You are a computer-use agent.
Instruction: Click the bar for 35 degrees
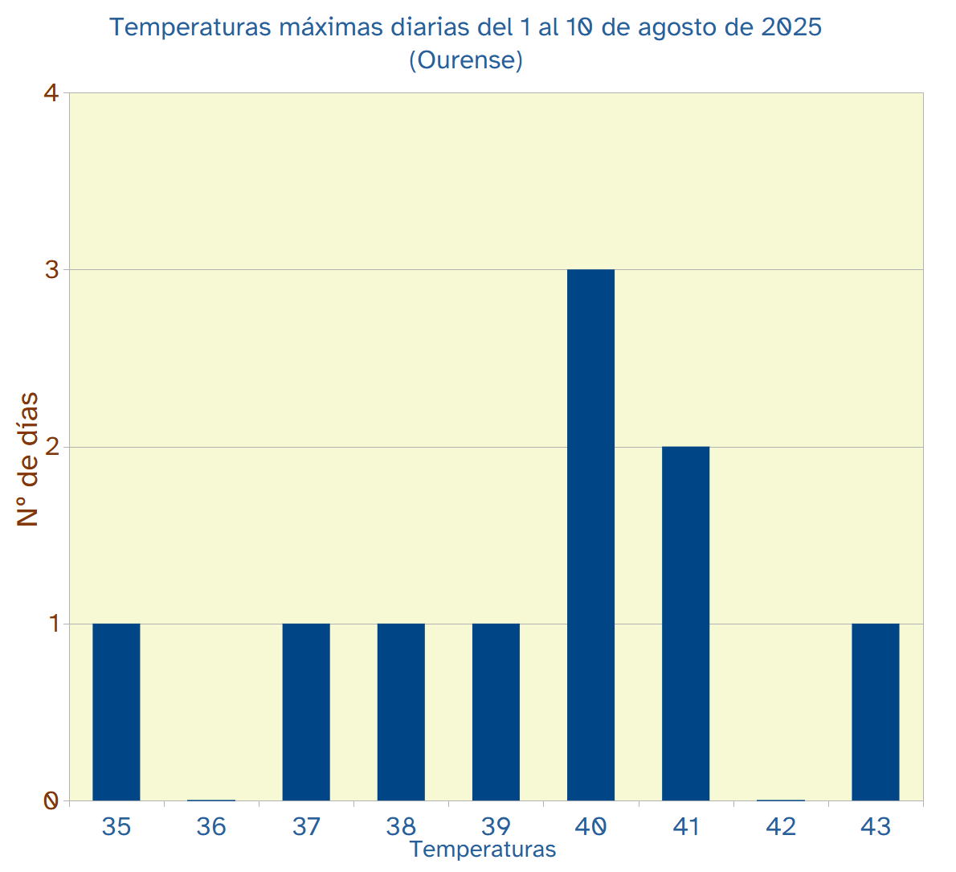[116, 712]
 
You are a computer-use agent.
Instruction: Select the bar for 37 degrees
[306, 712]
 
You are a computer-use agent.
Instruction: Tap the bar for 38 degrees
[401, 712]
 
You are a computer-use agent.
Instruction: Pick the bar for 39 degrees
[496, 712]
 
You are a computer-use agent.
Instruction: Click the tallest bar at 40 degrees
[590, 535]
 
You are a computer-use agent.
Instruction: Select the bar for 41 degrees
[685, 624]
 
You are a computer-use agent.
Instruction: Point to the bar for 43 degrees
[876, 712]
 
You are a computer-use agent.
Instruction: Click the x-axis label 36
[211, 826]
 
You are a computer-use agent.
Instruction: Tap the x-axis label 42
[781, 826]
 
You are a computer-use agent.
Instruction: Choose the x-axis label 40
[590, 826]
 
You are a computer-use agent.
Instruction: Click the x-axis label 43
[876, 826]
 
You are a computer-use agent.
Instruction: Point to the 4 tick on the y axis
[51, 93]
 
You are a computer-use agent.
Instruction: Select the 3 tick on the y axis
[51, 270]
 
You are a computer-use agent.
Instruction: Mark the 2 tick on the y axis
[51, 447]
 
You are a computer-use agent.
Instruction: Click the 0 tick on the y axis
[51, 800]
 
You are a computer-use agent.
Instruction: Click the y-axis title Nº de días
[28, 459]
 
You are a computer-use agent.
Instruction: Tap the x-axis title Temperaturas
[483, 849]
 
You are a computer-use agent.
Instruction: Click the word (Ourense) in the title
[466, 60]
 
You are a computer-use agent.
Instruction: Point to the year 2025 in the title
[791, 27]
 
